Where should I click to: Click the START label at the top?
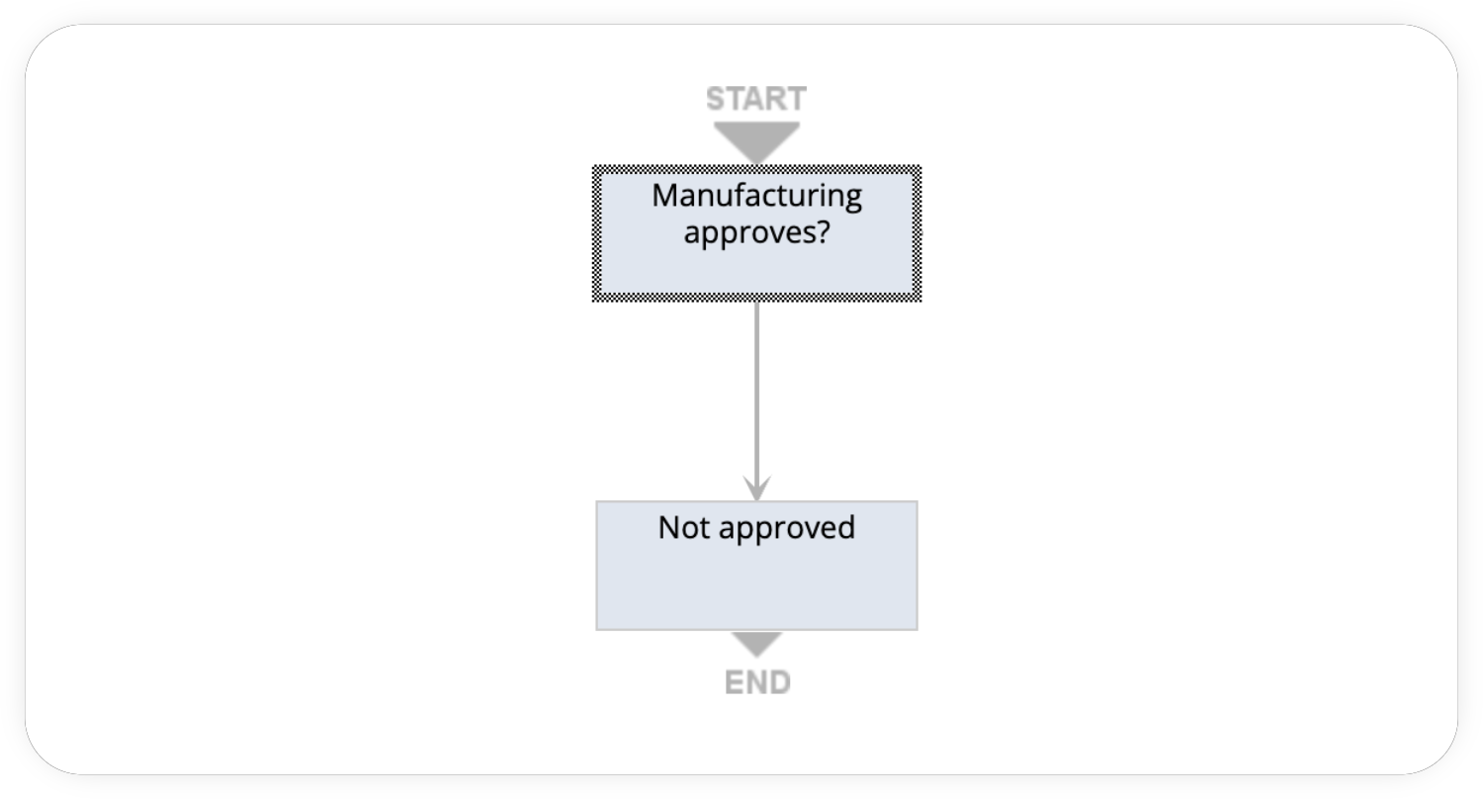[x=756, y=99]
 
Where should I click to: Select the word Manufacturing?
[x=756, y=195]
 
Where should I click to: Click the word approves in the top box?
[x=749, y=235]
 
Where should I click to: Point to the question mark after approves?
[x=822, y=234]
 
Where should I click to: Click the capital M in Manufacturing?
[x=664, y=195]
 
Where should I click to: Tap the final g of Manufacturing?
[x=851, y=198]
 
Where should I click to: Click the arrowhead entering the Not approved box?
[x=756, y=489]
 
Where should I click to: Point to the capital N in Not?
[x=668, y=527]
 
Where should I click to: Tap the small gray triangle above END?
[x=756, y=644]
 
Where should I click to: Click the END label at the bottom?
[x=757, y=682]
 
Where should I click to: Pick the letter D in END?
[x=779, y=682]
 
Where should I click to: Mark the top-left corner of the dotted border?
[x=595, y=168]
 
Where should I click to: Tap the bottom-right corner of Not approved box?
[x=916, y=628]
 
